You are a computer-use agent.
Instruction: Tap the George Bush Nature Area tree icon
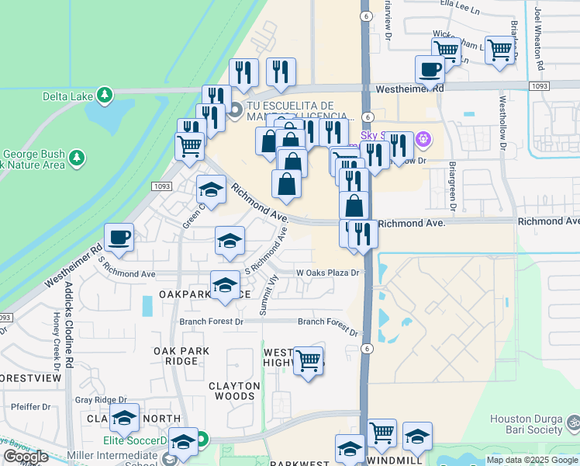tap(77, 158)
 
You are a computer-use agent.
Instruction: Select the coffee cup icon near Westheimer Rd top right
tap(430, 71)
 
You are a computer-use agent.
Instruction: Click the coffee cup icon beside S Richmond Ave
tap(119, 238)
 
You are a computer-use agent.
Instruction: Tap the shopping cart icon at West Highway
tap(308, 360)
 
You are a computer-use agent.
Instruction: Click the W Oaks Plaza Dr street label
tap(329, 273)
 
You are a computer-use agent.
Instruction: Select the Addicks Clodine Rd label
tap(69, 323)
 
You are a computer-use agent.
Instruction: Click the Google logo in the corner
tap(26, 457)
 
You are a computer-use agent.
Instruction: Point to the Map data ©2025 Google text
tap(532, 460)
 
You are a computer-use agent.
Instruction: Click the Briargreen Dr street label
tap(451, 187)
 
